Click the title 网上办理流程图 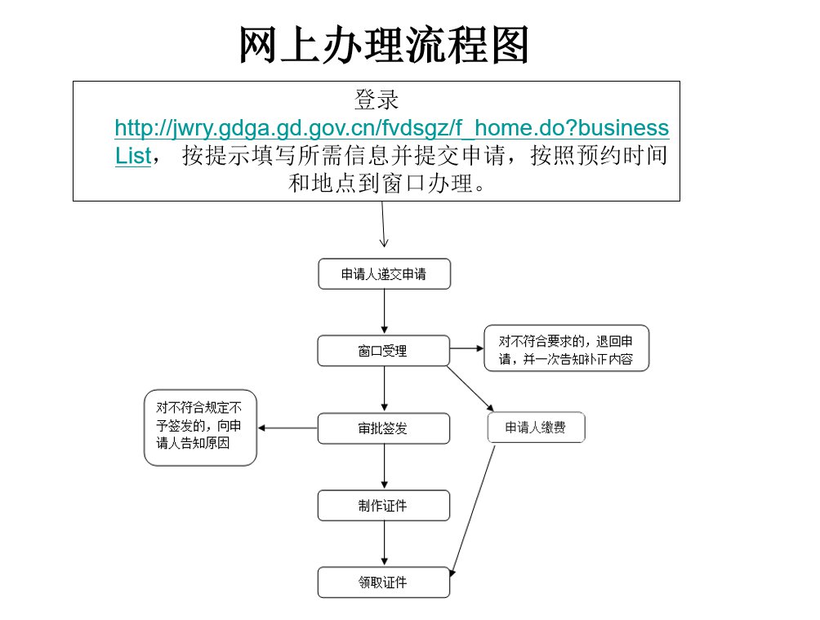tap(383, 45)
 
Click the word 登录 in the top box tap(377, 100)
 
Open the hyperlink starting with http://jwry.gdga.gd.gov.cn tap(392, 128)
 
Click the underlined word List tap(133, 156)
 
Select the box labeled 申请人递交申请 tap(385, 274)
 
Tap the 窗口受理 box tap(383, 351)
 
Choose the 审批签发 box tap(383, 428)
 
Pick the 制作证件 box tap(383, 505)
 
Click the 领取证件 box tap(383, 582)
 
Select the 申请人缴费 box tap(536, 427)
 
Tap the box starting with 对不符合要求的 tap(566, 348)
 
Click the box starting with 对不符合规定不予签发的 tap(200, 427)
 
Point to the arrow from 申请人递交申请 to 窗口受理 tap(385, 312)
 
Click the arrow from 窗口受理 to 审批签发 tap(385, 388)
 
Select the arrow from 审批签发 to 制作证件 tap(385, 467)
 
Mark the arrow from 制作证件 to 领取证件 tap(385, 543)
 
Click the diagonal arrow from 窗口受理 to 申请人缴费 tap(470, 388)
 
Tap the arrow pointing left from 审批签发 tap(287, 428)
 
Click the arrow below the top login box tap(383, 224)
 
